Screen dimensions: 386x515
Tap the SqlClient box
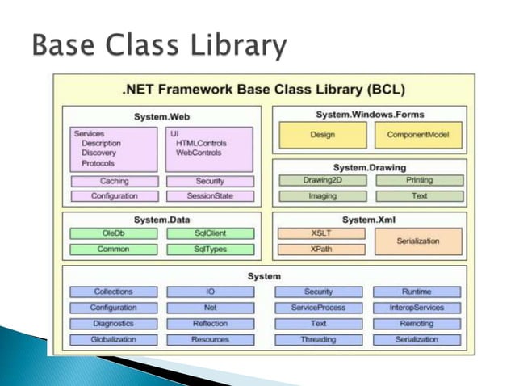click(210, 233)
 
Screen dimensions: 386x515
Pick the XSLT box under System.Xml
click(321, 233)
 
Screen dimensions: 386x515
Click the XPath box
click(321, 250)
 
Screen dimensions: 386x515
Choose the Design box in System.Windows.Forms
click(322, 136)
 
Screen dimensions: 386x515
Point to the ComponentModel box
click(418, 136)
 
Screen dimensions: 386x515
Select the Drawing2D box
click(322, 180)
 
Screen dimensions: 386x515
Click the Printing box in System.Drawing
click(418, 180)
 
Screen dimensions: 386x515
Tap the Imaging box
click(322, 195)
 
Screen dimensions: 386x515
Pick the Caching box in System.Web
click(114, 182)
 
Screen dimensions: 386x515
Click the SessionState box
click(210, 196)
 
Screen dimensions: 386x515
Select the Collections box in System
click(113, 292)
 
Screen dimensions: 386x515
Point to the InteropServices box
click(418, 308)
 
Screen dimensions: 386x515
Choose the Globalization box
click(113, 340)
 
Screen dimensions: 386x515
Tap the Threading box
click(317, 340)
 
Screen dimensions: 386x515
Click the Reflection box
click(210, 324)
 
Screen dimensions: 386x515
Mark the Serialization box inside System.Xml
click(418, 241)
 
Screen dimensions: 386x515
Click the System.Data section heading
click(161, 219)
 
